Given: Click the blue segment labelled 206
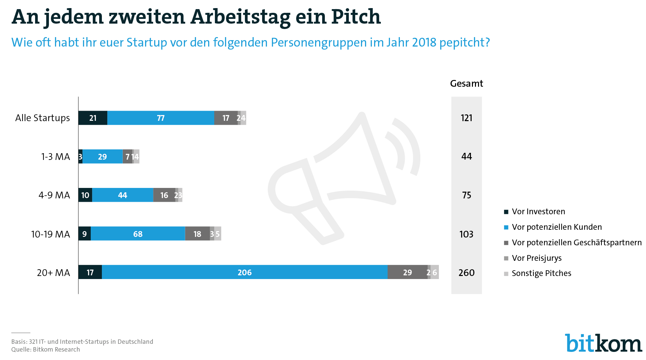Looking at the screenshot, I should click(x=245, y=272).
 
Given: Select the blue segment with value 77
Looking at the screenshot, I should click(x=161, y=118).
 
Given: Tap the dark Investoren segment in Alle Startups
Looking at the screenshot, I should click(x=93, y=118).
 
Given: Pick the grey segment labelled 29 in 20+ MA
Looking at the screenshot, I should click(x=408, y=272).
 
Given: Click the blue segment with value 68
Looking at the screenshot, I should click(x=138, y=234).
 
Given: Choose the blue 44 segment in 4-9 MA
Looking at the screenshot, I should click(x=122, y=195).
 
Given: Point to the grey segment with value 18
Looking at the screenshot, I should click(x=197, y=234).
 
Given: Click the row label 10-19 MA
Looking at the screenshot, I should click(x=51, y=234).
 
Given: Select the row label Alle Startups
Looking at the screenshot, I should click(x=43, y=118).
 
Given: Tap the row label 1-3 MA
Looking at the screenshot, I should click(x=56, y=157).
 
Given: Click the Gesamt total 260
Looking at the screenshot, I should click(x=467, y=273).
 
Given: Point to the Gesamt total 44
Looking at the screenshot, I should click(x=467, y=157).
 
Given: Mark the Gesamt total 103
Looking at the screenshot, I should click(x=467, y=234).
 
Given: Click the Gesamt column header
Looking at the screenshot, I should click(x=467, y=84).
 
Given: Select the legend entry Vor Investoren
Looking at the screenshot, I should click(x=538, y=212).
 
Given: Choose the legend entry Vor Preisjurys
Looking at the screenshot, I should click(x=536, y=258).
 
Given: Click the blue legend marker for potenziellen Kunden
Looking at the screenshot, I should click(x=506, y=227).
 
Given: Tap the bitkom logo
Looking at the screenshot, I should click(x=603, y=343).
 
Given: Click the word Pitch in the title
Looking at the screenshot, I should click(x=356, y=17).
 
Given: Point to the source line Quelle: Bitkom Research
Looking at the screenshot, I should click(x=46, y=350).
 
